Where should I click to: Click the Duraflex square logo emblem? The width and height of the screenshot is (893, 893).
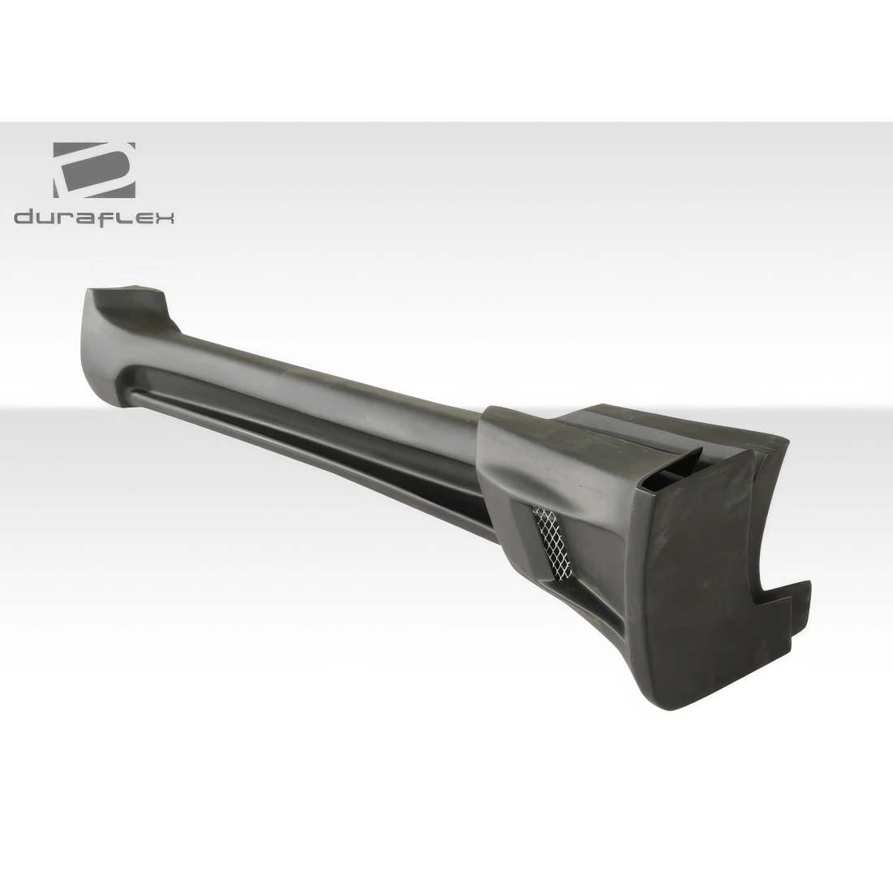(94, 170)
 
